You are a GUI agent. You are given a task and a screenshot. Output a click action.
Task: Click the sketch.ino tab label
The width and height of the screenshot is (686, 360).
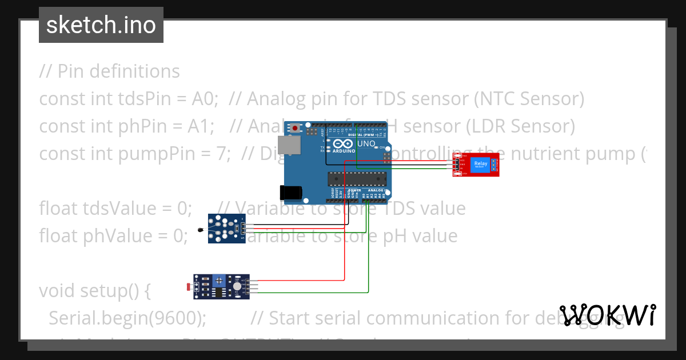[101, 25]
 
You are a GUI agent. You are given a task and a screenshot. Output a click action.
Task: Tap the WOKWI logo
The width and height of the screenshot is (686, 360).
[608, 315]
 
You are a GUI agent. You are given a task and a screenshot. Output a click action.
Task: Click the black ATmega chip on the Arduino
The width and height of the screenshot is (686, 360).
[357, 179]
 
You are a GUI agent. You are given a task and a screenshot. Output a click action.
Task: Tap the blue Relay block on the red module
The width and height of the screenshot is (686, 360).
[480, 165]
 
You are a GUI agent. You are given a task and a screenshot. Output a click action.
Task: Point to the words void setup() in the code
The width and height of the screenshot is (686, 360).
[94, 290]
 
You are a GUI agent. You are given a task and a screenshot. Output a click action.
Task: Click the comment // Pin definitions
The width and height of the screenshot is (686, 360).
[109, 71]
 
